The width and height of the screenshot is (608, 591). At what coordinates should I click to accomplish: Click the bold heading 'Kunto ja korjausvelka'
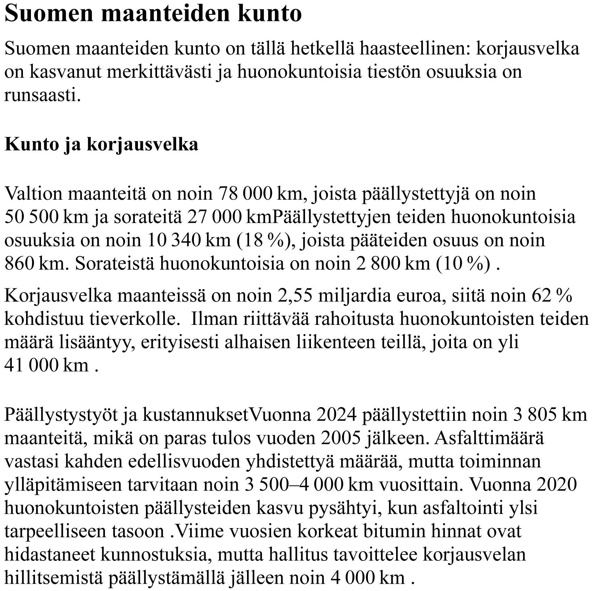101,145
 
